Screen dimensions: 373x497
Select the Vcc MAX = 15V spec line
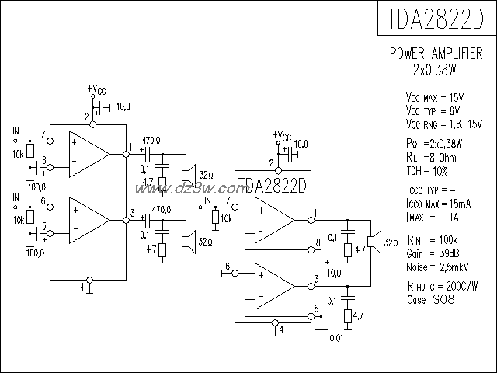coord(434,98)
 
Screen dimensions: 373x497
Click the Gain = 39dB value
coord(431,254)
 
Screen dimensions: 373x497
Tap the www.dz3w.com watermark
coord(186,189)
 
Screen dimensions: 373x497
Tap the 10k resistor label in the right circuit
coord(226,220)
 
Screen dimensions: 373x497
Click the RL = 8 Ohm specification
coord(433,158)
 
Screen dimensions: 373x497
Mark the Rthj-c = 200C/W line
coord(440,287)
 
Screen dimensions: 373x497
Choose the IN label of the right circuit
coord(207,200)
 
